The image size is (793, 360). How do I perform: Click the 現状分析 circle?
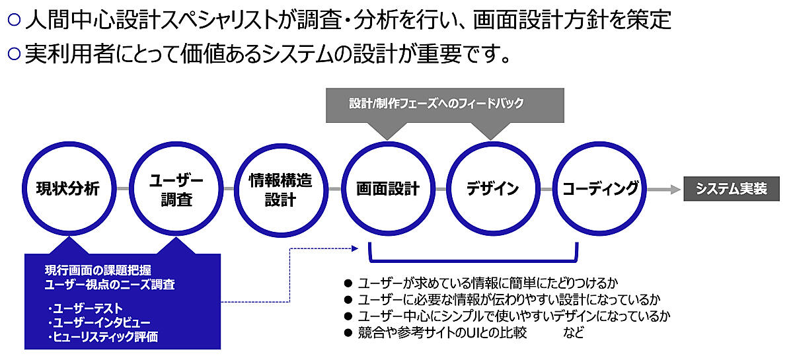point(68,190)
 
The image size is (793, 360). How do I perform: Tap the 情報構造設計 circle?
point(280,190)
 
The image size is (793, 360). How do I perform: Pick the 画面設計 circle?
point(387,190)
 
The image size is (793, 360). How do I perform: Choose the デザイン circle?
point(492,190)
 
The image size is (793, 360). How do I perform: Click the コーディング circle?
point(599,190)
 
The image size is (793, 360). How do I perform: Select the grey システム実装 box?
point(731,189)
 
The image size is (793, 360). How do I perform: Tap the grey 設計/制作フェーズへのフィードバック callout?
point(445,104)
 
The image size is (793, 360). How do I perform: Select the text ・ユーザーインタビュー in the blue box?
point(98,322)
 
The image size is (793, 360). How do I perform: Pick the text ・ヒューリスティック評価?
point(102,337)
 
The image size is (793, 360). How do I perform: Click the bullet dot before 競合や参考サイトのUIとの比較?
point(348,333)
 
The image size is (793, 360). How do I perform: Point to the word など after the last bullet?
point(574,333)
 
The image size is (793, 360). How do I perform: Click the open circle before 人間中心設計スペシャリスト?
point(15,20)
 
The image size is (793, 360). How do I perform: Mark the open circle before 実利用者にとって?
point(15,54)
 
